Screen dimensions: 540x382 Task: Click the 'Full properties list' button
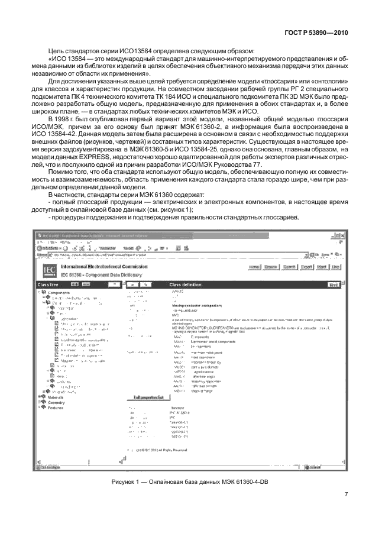click(x=148, y=397)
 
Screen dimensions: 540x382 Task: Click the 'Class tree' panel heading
click(x=48, y=284)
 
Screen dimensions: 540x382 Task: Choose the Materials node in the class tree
click(x=56, y=397)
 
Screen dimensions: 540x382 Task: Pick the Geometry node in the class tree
click(x=56, y=403)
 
